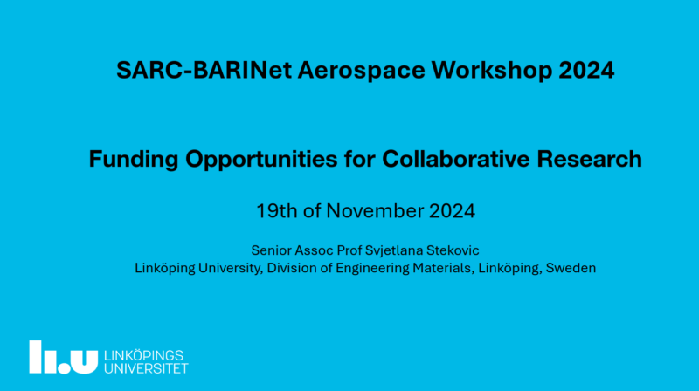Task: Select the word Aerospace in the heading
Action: [362, 71]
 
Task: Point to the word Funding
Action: [134, 159]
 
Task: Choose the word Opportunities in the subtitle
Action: [261, 159]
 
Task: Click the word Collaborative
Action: [455, 159]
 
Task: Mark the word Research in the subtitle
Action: [589, 159]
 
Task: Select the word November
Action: [375, 210]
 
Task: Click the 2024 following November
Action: [452, 210]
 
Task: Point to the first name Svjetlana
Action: [394, 250]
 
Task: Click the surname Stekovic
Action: [453, 250]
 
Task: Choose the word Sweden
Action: [571, 268]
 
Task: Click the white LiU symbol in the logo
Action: [63, 357]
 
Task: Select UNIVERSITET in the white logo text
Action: [146, 368]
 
